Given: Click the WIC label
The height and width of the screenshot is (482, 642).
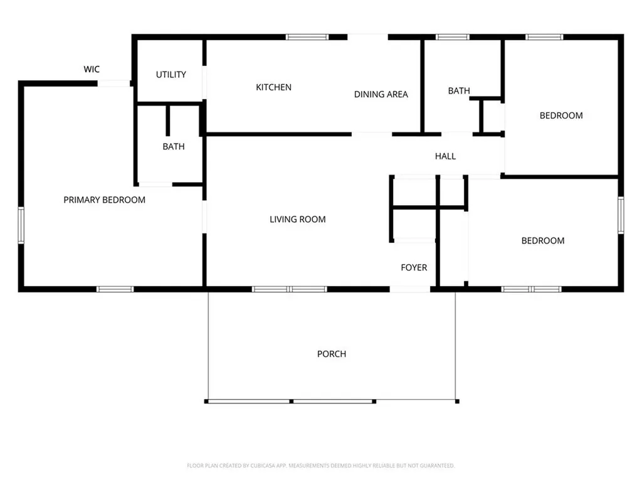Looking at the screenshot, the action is coord(92,69).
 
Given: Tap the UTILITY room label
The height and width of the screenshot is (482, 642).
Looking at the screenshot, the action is coord(171,75).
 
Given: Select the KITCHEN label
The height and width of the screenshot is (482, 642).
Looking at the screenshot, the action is coord(273,87).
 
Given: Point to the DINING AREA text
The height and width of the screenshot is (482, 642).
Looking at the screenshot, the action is coord(381,94).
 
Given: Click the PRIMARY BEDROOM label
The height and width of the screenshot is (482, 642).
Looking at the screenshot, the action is coord(105,200).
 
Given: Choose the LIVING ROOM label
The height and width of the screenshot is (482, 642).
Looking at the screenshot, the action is coord(298,219).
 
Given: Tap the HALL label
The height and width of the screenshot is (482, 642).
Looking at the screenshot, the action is coord(445,156).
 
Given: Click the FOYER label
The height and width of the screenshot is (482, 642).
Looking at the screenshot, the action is coord(414,267).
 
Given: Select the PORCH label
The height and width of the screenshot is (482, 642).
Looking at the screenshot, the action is coord(332,354).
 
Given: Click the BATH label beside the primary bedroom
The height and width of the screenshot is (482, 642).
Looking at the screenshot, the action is coord(174,147).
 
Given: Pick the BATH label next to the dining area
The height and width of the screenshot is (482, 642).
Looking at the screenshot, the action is coord(459,91).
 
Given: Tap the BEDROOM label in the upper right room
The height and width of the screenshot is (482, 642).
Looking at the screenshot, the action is coord(561,115).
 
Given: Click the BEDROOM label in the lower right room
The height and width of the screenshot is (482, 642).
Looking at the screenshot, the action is coord(543,240).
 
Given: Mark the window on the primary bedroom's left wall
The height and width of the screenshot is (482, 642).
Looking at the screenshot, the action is coord(21,225).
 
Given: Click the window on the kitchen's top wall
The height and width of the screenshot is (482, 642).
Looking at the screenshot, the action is coord(307,37).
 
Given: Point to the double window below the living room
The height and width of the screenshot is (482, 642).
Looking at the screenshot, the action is coord(290,289).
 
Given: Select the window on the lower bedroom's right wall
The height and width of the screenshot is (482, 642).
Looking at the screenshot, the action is coord(621,215).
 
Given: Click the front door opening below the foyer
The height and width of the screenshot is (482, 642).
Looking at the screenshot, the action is coord(410,289).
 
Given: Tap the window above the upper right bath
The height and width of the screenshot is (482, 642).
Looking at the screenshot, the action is coord(453,37).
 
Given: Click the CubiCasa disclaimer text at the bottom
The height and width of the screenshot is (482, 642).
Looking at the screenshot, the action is coord(320,466).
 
